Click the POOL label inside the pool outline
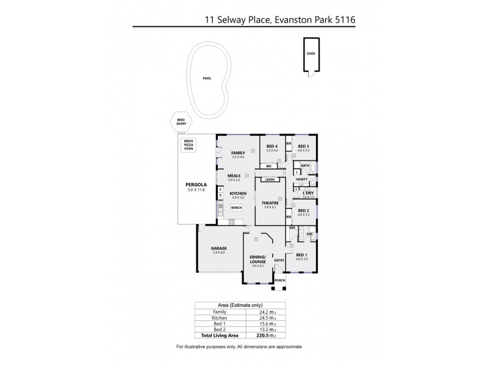pos(207,78)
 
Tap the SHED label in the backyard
pos(310,53)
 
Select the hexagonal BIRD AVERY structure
pos(181,122)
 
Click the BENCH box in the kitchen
pos(235,207)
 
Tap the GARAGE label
pos(219,249)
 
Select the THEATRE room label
pos(270,203)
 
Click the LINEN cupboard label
pos(270,179)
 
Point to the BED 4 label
pos(272,146)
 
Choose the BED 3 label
pos(303,146)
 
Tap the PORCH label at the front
pos(279,281)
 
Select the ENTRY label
pos(279,261)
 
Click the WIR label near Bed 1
pos(292,228)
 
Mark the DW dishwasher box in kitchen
pos(221,200)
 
